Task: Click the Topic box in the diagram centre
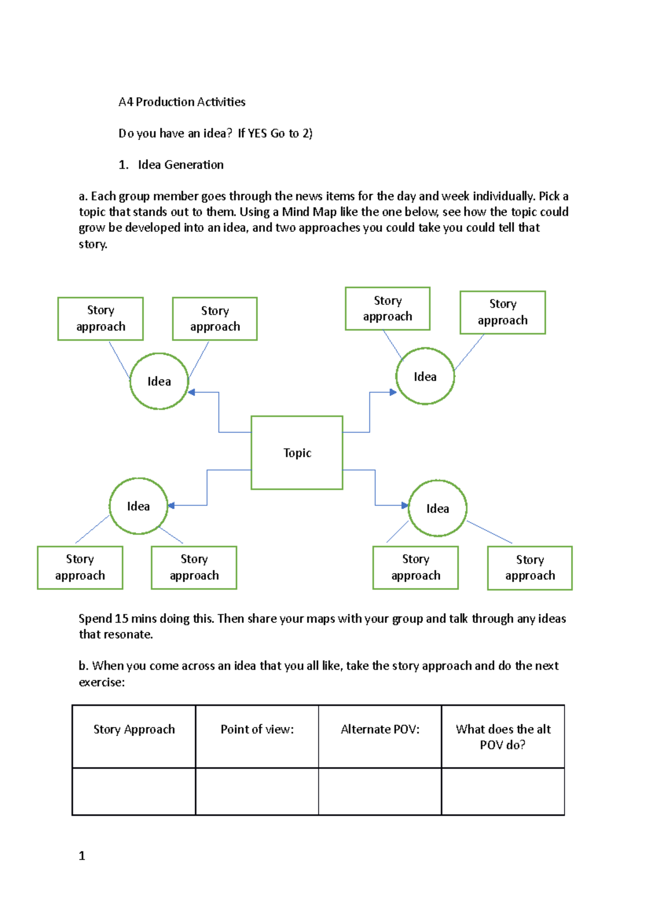click(x=297, y=453)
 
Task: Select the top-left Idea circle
click(x=159, y=381)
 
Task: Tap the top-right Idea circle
click(x=425, y=376)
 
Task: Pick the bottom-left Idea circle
click(x=138, y=506)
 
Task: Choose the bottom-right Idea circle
click(x=438, y=508)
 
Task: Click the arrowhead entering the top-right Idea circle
click(x=393, y=392)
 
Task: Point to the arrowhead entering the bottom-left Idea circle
click(x=171, y=505)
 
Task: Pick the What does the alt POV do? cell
click(x=503, y=736)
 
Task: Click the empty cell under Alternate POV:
click(x=380, y=791)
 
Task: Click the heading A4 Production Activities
click(x=182, y=102)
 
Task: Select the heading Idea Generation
click(x=181, y=165)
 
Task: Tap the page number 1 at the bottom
click(x=82, y=855)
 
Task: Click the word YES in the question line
click(x=257, y=134)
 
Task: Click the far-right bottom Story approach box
click(x=529, y=568)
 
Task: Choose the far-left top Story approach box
click(x=101, y=318)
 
